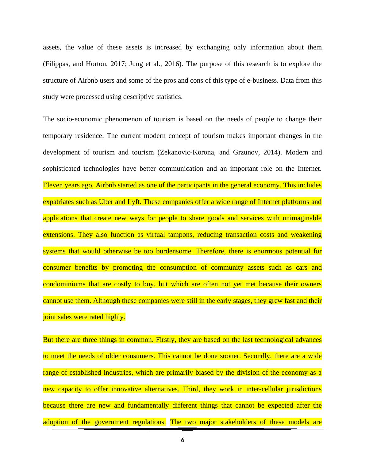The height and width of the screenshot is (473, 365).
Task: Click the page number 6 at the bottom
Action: pyautogui.click(x=182, y=440)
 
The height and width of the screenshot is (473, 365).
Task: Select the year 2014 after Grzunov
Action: pyautogui.click(x=272, y=152)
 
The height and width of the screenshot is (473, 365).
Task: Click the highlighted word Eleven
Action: pyautogui.click(x=52, y=185)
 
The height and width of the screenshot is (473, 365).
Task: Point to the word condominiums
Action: pyautogui.click(x=64, y=284)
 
